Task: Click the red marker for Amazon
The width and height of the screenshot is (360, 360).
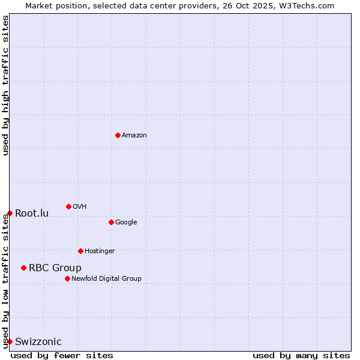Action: (x=118, y=135)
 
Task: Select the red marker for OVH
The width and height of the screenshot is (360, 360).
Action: (x=68, y=206)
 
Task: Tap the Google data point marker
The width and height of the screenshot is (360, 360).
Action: (x=111, y=222)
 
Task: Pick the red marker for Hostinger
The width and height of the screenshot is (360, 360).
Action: (x=80, y=251)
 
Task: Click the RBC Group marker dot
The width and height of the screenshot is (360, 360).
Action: (x=23, y=268)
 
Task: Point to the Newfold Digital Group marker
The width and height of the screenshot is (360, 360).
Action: (x=67, y=278)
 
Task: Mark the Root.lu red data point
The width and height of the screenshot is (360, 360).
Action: (x=10, y=213)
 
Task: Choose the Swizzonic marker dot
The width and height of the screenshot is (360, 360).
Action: (x=10, y=341)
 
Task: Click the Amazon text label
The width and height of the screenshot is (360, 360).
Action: (x=134, y=136)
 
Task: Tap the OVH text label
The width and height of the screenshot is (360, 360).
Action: (x=80, y=207)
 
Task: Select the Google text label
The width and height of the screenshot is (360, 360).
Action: (x=126, y=223)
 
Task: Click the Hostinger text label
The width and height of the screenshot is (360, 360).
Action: (x=100, y=251)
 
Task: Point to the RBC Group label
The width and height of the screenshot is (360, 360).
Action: (x=55, y=268)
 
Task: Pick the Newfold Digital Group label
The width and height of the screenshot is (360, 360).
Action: (x=106, y=279)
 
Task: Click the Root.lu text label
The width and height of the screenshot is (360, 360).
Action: (x=32, y=214)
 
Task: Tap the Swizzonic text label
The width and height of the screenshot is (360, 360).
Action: (x=38, y=342)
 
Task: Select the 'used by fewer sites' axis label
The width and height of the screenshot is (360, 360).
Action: (x=62, y=355)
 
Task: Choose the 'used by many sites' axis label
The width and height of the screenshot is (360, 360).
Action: (x=301, y=355)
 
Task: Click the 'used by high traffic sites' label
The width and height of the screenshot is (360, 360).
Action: (x=6, y=85)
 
